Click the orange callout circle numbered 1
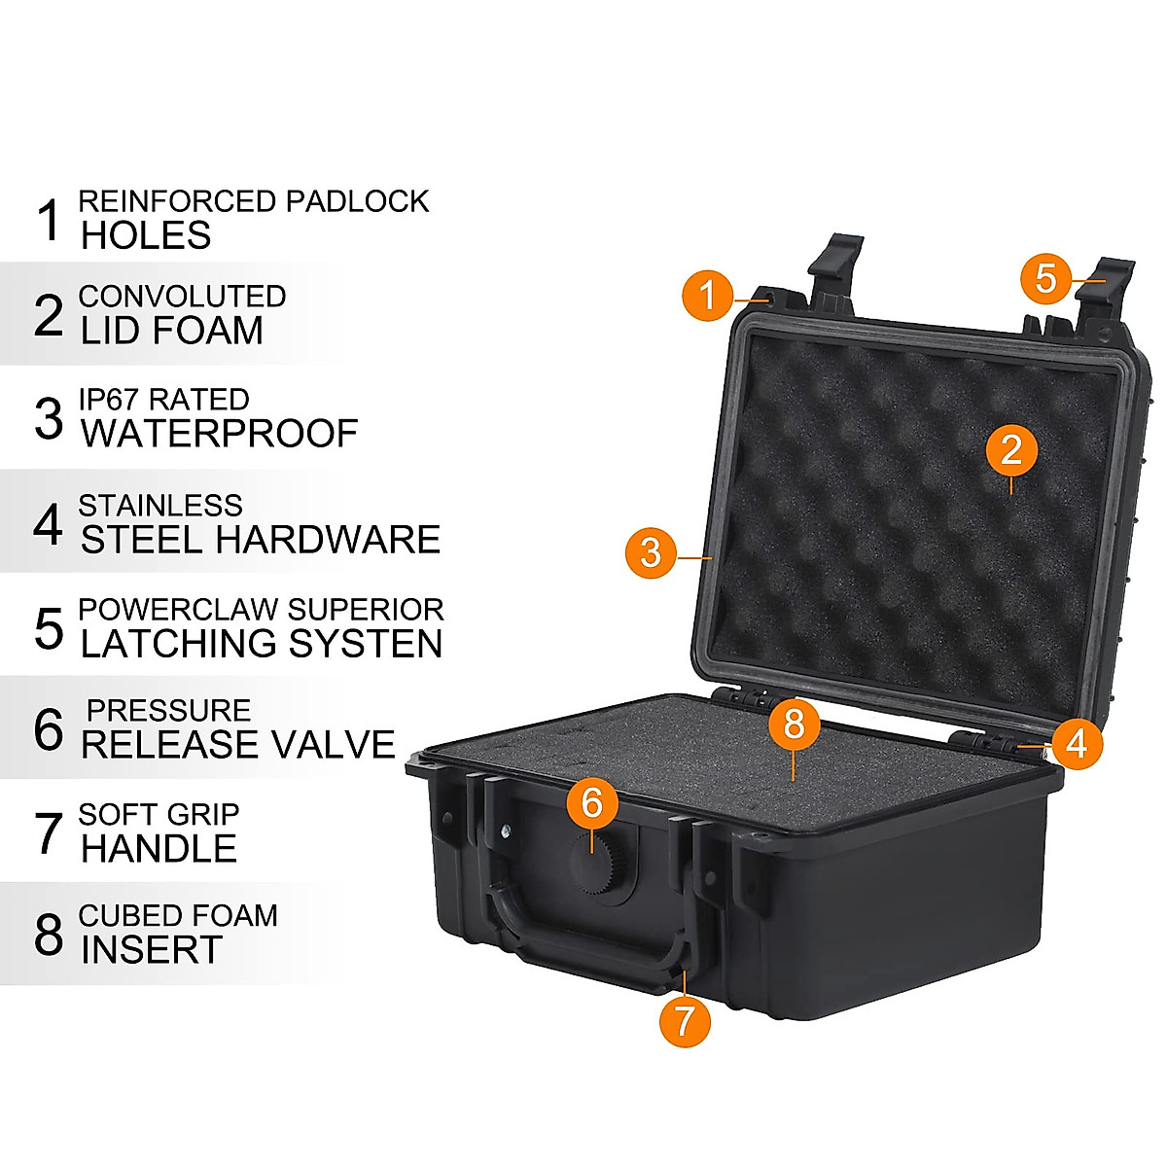(x=708, y=294)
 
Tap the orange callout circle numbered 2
(x=1011, y=449)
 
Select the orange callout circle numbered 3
(x=651, y=552)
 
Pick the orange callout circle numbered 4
(x=1076, y=744)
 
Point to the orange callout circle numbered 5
(x=1045, y=278)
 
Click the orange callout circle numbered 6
(x=592, y=802)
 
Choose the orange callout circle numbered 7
(x=685, y=1020)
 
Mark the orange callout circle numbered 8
(x=795, y=725)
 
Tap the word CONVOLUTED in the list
(x=182, y=296)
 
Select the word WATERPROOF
(x=220, y=434)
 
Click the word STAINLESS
(x=160, y=506)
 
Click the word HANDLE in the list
(x=159, y=849)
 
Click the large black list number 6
(x=49, y=730)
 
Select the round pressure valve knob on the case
(x=598, y=856)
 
